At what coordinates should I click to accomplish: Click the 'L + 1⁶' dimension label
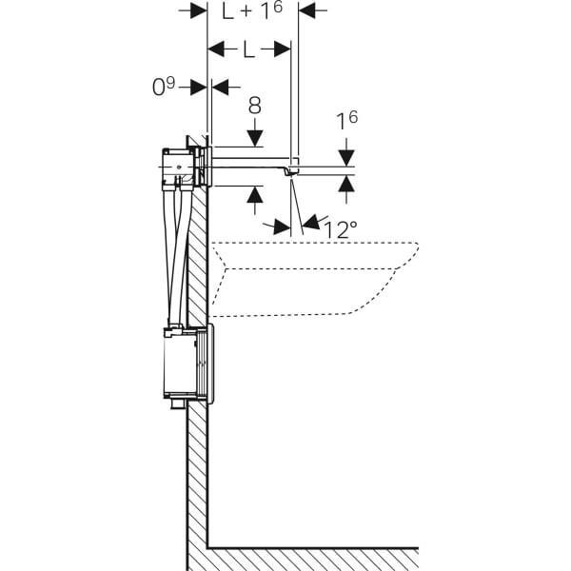pyautogui.click(x=252, y=11)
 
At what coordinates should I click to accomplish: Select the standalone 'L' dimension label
pyautogui.click(x=248, y=49)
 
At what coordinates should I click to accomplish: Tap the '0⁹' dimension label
pyautogui.click(x=164, y=87)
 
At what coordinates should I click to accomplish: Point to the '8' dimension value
pyautogui.click(x=255, y=105)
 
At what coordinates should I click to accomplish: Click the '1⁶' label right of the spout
pyautogui.click(x=346, y=122)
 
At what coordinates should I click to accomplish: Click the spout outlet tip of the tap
pyautogui.click(x=294, y=171)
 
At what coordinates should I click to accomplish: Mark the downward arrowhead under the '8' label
pyautogui.click(x=255, y=140)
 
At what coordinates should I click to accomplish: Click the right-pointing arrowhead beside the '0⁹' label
pyautogui.click(x=199, y=87)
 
